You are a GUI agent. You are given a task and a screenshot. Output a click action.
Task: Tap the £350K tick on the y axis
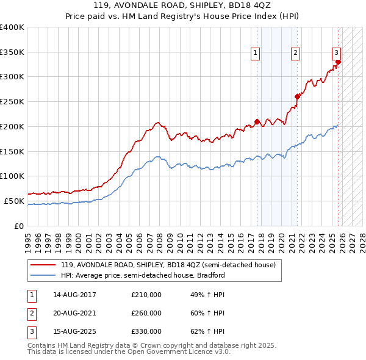tap(12, 52)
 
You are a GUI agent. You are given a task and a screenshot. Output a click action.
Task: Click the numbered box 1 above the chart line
tap(255, 53)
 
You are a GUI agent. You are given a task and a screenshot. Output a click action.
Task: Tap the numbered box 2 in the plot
tap(295, 53)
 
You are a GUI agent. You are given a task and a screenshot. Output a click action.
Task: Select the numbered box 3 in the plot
tap(336, 53)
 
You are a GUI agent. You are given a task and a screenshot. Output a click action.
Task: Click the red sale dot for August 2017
tap(257, 121)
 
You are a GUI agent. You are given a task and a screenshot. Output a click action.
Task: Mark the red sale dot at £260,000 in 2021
tap(298, 96)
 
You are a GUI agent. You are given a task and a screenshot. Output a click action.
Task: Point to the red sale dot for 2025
tap(338, 61)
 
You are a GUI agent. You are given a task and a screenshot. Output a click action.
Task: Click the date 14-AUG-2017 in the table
tap(74, 295)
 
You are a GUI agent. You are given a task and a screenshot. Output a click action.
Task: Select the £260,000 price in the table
tap(146, 313)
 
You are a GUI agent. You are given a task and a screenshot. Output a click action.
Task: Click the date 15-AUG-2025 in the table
tap(74, 331)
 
